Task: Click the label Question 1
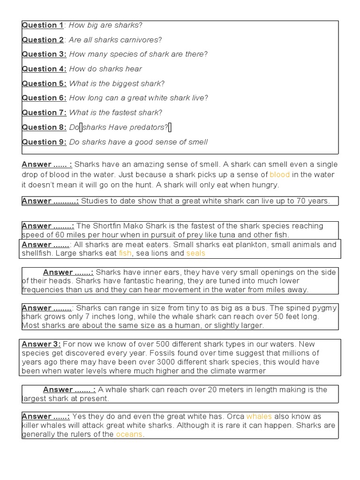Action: tap(43, 25)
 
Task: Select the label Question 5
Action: tap(44, 83)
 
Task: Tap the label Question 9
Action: tap(44, 142)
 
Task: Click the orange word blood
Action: tap(279, 174)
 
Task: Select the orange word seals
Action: tap(196, 253)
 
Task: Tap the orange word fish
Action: tap(125, 253)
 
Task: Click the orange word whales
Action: tap(259, 416)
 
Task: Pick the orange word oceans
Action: tap(129, 434)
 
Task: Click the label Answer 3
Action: tap(41, 344)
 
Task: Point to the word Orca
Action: tap(236, 416)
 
